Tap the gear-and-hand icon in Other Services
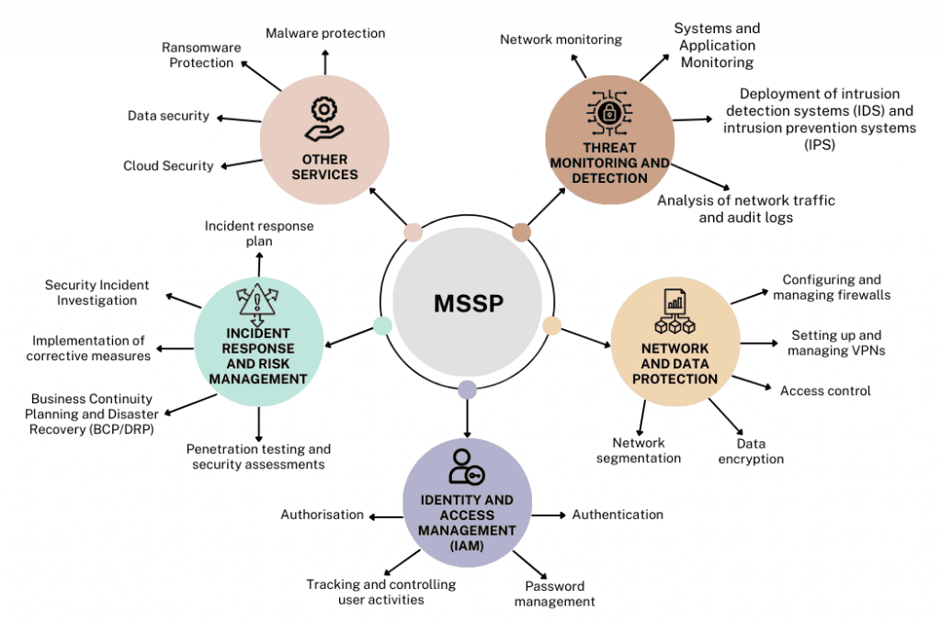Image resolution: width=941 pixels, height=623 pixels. click(323, 120)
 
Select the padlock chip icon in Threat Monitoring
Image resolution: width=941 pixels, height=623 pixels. click(608, 113)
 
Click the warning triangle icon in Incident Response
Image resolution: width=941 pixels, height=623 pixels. click(257, 300)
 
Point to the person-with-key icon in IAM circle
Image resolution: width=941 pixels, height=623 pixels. click(466, 466)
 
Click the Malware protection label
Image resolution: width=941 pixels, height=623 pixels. click(325, 33)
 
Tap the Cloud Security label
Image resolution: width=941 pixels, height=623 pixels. click(168, 166)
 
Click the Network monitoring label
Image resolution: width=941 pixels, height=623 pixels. click(561, 40)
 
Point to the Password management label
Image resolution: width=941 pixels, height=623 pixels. click(554, 594)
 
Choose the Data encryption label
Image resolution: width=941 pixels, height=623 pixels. click(751, 451)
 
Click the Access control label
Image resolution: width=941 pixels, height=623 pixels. click(824, 391)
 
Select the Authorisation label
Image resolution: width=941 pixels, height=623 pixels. click(322, 515)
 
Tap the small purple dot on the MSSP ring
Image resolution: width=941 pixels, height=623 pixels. click(467, 390)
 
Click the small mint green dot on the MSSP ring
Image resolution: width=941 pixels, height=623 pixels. click(383, 325)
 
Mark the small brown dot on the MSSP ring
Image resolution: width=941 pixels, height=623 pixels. click(521, 232)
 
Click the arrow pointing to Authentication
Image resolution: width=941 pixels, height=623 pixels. click(550, 515)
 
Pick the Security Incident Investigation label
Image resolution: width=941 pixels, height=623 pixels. click(96, 293)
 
